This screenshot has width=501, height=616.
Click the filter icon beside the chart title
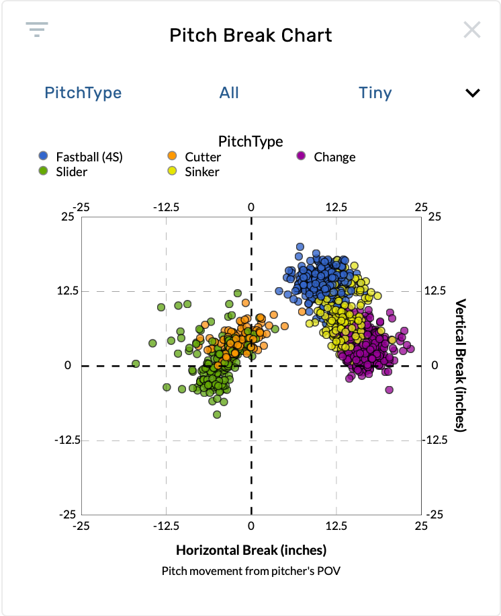37,30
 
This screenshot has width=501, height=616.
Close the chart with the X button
472,30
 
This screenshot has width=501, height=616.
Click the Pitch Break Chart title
250,35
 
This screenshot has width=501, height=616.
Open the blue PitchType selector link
83,93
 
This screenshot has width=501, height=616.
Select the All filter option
229,93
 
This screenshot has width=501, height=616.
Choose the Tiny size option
375,93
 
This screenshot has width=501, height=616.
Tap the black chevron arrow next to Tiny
473,93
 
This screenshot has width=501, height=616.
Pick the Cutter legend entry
203,157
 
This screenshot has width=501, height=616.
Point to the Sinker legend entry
202,171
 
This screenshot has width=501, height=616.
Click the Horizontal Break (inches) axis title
251,550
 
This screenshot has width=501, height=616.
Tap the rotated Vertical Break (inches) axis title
461,366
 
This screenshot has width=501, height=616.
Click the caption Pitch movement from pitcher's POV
251,571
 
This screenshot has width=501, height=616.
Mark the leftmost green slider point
136,364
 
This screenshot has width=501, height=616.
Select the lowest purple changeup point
389,390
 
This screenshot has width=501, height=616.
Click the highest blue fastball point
300,247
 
